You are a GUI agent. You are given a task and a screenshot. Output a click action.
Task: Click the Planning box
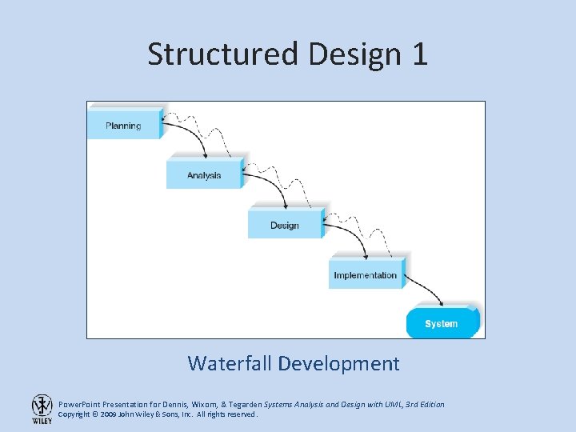point(124,124)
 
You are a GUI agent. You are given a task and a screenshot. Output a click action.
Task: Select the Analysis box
point(204,174)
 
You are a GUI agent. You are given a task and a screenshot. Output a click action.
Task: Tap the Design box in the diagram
point(284,224)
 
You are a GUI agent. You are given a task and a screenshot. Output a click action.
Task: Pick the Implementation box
point(366,274)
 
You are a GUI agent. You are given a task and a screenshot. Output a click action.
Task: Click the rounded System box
point(442,323)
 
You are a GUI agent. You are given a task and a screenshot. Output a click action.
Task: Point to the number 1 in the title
point(418,54)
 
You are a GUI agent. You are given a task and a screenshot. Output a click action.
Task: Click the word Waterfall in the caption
point(230,363)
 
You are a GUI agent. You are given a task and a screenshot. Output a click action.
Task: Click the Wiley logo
point(42,409)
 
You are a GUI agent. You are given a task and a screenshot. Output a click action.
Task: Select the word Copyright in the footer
point(74,414)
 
